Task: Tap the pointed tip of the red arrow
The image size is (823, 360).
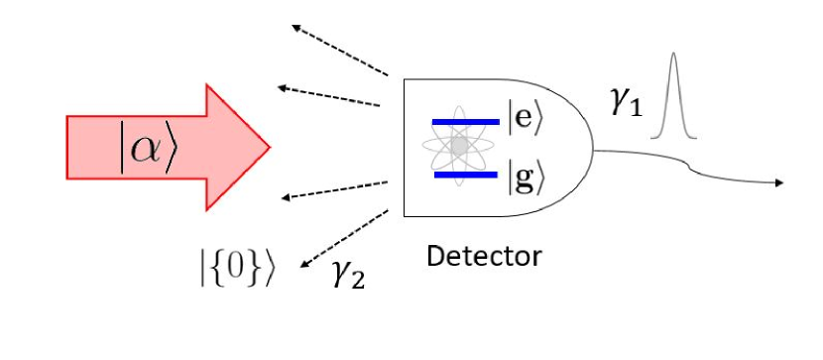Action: pos(269,147)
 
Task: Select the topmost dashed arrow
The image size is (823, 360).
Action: pos(338,51)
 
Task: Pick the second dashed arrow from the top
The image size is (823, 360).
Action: pos(330,96)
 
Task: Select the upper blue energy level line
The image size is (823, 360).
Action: pos(465,122)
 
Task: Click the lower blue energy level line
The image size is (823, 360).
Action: pos(465,175)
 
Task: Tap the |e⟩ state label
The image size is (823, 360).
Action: pos(527,119)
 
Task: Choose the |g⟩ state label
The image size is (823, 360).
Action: pos(527,180)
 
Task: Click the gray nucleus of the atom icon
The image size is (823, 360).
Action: pos(458,147)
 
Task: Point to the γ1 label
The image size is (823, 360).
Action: pos(626,102)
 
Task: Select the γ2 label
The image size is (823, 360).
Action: pos(348,273)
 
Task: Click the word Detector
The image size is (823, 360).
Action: pos(484,256)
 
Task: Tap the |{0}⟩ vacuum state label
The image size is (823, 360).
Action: pos(236,266)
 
